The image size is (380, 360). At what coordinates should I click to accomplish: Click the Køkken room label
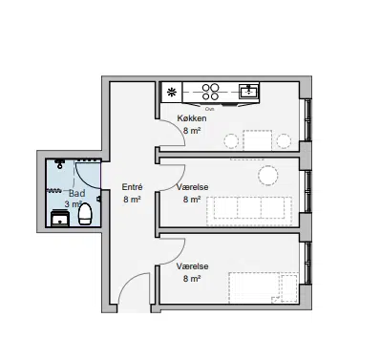pos(192,118)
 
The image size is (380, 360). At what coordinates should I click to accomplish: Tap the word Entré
pos(132,187)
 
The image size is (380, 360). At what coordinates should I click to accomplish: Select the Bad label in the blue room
pos(77,193)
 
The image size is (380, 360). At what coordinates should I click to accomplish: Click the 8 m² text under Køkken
pos(192,131)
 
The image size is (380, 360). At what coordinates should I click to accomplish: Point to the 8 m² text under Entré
pos(132,200)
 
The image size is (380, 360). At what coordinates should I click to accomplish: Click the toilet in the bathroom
pos(85,214)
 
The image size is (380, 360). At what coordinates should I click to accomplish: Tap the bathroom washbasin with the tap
pos(60,218)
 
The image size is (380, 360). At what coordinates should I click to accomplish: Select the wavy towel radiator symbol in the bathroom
pos(54,191)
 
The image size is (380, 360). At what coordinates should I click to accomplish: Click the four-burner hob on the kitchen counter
pos(211,92)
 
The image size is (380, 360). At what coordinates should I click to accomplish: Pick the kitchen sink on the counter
pos(249,91)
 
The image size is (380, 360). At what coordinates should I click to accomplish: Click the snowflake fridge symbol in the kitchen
pos(172,93)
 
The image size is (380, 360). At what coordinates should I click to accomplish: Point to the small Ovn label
pos(209,109)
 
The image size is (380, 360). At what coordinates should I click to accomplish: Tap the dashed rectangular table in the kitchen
pos(258,140)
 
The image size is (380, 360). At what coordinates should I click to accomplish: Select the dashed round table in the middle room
pos(268,176)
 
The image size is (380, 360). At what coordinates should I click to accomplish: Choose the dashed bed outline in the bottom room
pos(264,287)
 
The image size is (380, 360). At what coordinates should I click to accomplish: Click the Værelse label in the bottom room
pos(192,266)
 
